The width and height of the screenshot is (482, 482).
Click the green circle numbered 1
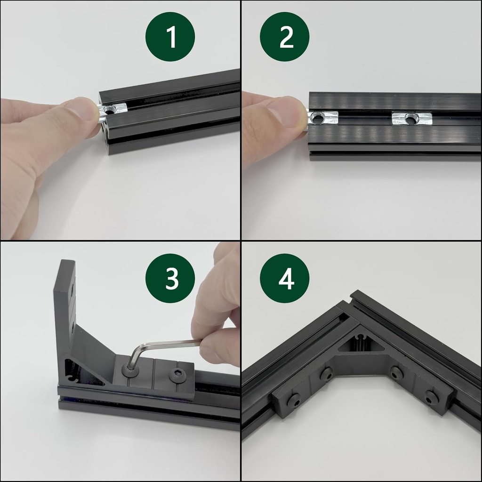click(x=170, y=37)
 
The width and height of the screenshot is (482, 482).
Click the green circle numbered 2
click(x=284, y=37)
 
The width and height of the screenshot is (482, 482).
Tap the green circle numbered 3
click(x=170, y=278)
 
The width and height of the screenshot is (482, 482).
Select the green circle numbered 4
click(x=284, y=278)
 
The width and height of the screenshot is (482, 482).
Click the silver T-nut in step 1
click(x=112, y=111)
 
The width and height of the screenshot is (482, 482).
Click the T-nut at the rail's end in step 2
click(x=323, y=118)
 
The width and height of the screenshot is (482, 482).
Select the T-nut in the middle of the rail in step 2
click(x=411, y=118)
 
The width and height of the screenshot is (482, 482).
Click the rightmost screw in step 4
click(x=432, y=399)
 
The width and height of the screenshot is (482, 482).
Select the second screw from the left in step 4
click(x=326, y=375)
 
